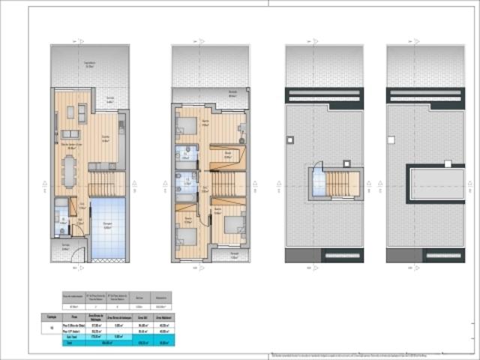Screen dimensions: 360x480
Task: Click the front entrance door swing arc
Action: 75,259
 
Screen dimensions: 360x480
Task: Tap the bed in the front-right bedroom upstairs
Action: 232,223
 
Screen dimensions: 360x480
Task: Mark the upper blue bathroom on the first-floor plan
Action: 184,154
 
